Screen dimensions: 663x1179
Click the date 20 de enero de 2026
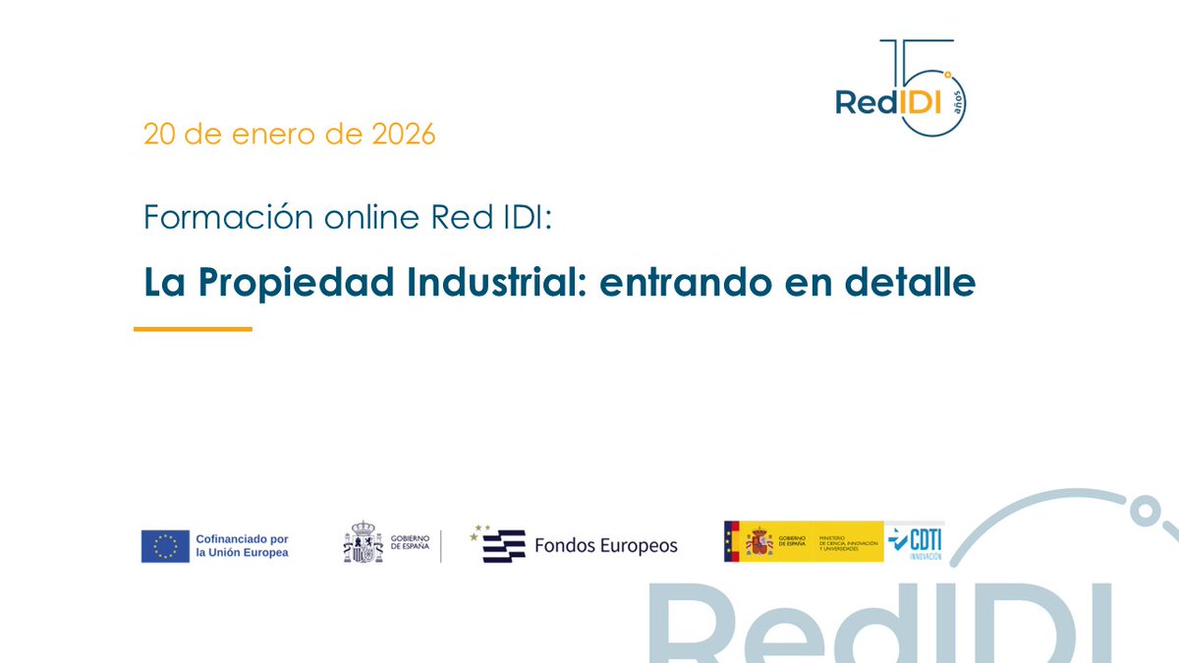click(x=289, y=135)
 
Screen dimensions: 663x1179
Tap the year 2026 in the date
click(x=403, y=135)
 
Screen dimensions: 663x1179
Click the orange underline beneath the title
click(x=193, y=329)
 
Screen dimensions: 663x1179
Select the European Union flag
click(x=165, y=546)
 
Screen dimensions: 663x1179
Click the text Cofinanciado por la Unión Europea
click(x=242, y=546)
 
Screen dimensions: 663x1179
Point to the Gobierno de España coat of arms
click(x=363, y=542)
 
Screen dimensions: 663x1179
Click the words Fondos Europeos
click(x=605, y=546)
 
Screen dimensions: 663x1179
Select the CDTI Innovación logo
click(x=915, y=541)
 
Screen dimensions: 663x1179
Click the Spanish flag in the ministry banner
click(x=732, y=541)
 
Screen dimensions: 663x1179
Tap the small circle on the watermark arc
click(x=1142, y=510)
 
